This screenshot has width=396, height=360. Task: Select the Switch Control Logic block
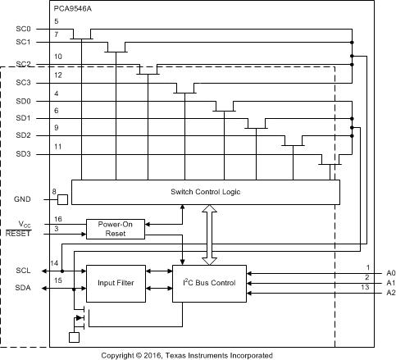click(205, 192)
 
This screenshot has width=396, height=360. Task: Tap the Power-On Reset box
click(115, 227)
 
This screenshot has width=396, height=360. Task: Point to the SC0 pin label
click(23, 28)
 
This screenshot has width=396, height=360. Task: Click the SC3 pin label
click(23, 83)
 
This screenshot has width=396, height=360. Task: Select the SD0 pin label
click(23, 102)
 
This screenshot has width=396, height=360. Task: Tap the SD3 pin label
click(23, 154)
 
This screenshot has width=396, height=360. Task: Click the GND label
click(23, 199)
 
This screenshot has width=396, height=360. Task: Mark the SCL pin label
click(23, 270)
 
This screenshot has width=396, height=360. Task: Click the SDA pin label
click(23, 287)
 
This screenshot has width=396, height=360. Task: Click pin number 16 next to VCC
click(57, 220)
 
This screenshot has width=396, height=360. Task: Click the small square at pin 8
click(61, 199)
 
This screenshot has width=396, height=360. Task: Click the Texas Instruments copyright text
click(198, 355)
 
